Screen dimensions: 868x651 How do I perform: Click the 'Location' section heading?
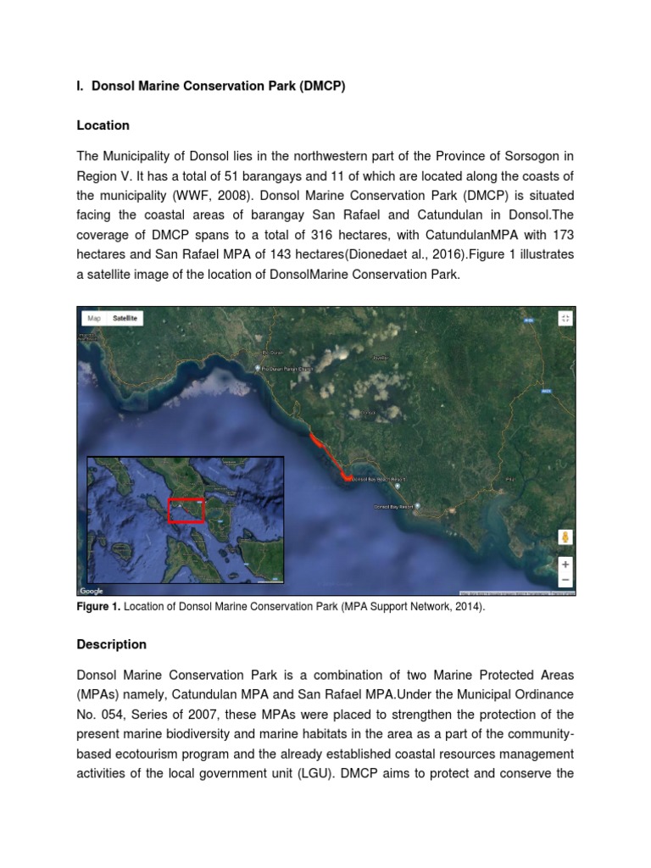[103, 125]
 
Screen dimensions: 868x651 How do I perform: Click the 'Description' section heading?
[111, 644]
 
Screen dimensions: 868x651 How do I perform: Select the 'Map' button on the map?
[94, 319]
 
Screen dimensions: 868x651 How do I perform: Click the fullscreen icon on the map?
[565, 318]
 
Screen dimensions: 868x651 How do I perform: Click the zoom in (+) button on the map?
[565, 563]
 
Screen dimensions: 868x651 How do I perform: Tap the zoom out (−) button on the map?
[565, 580]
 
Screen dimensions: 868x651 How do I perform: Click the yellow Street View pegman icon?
[565, 537]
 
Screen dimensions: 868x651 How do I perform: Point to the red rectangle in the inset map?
[186, 510]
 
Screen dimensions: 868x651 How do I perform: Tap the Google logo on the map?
[91, 591]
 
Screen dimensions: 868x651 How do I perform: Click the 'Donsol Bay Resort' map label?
[393, 508]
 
